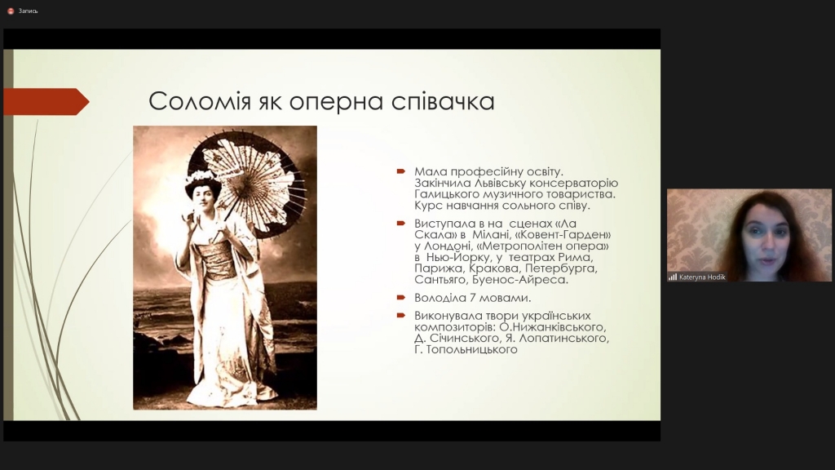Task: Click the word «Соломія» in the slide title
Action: (199, 101)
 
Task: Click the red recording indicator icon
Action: (10, 11)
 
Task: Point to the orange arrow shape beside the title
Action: (46, 102)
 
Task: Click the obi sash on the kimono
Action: (220, 259)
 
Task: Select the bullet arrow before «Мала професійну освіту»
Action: (401, 171)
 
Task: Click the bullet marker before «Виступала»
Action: (401, 224)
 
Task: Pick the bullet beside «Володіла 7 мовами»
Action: (401, 297)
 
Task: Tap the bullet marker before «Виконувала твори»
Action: (401, 316)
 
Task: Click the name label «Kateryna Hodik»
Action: (702, 277)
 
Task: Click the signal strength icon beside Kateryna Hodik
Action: (673, 277)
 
